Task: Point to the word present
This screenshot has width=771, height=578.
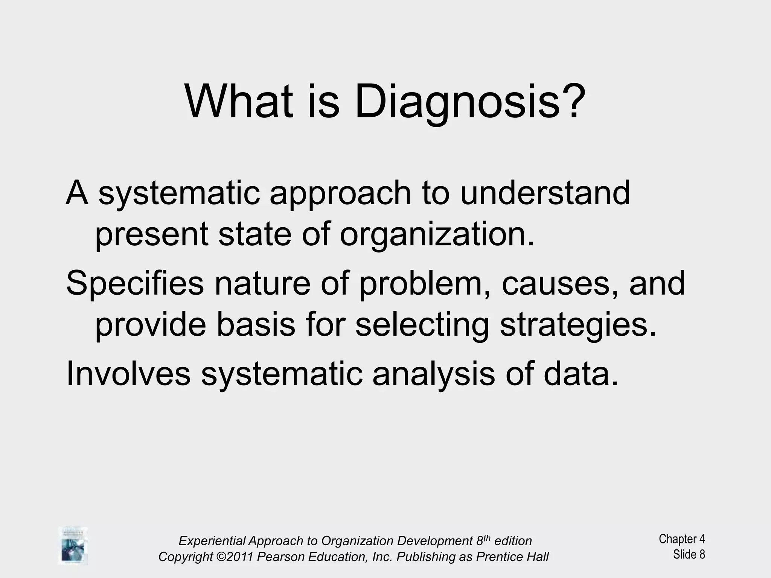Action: click(151, 234)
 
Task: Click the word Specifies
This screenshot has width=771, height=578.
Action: click(135, 284)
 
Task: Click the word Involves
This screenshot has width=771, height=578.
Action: click(128, 374)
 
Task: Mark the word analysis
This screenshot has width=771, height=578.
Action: click(433, 374)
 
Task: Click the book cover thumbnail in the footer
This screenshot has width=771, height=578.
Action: click(73, 545)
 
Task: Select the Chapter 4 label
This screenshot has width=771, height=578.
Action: click(681, 539)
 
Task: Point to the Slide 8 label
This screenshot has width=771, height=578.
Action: click(689, 554)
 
